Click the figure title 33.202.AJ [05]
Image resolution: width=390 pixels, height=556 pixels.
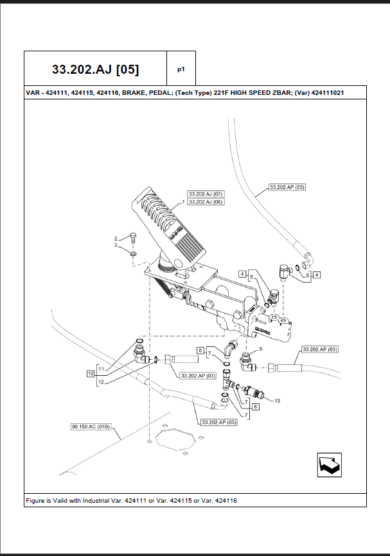click(95, 69)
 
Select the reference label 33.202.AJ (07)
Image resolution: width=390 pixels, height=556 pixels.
click(206, 194)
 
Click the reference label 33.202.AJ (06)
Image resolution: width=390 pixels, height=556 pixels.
click(206, 201)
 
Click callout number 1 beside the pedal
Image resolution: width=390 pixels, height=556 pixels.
click(183, 201)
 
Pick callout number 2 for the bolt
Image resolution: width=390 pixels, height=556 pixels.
click(116, 238)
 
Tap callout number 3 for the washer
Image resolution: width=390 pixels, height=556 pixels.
click(116, 245)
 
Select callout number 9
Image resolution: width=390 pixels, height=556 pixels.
click(261, 349)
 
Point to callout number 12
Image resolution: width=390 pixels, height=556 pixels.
click(100, 382)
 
